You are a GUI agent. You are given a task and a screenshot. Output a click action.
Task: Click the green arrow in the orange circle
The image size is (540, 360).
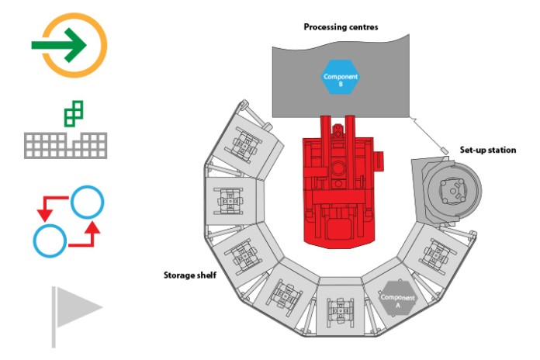pos(59,45)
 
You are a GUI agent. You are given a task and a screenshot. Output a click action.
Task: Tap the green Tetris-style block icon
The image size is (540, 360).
pos(74,114)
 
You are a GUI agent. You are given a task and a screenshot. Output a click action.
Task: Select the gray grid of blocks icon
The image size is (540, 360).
pos(65,145)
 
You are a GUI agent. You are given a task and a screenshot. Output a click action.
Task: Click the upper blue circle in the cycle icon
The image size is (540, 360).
pos(88,202)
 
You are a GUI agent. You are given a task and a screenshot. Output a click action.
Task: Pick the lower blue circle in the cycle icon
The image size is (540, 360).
pos(50,241)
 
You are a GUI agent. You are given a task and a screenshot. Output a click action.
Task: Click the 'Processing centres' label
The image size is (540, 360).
pos(341,27)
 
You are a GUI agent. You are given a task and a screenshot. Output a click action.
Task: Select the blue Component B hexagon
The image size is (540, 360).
pos(341,77)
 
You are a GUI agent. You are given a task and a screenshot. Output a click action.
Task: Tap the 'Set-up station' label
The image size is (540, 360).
pos(488,150)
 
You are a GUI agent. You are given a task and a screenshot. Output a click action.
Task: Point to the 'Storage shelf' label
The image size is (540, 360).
pos(190,275)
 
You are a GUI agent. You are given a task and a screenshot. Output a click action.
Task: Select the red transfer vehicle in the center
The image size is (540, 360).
pos(339,182)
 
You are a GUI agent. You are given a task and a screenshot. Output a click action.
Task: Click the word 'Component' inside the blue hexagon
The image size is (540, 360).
pos(341,77)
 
